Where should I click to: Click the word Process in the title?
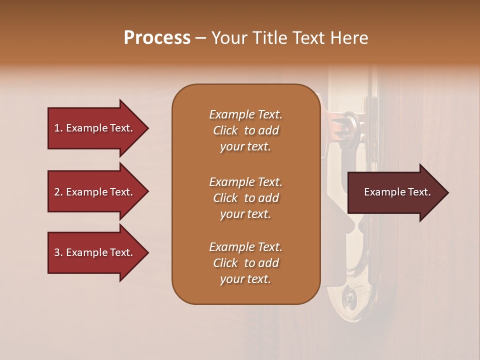tap(157, 38)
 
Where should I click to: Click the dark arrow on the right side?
tap(395, 192)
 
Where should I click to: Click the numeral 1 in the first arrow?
tap(57, 128)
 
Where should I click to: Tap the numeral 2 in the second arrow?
tap(57, 192)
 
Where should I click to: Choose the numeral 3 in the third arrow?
tap(57, 252)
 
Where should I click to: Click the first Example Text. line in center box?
tap(245, 114)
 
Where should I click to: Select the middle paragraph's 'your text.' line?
tap(245, 214)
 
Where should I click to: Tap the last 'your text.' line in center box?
tap(245, 279)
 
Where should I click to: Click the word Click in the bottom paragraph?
tap(225, 263)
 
